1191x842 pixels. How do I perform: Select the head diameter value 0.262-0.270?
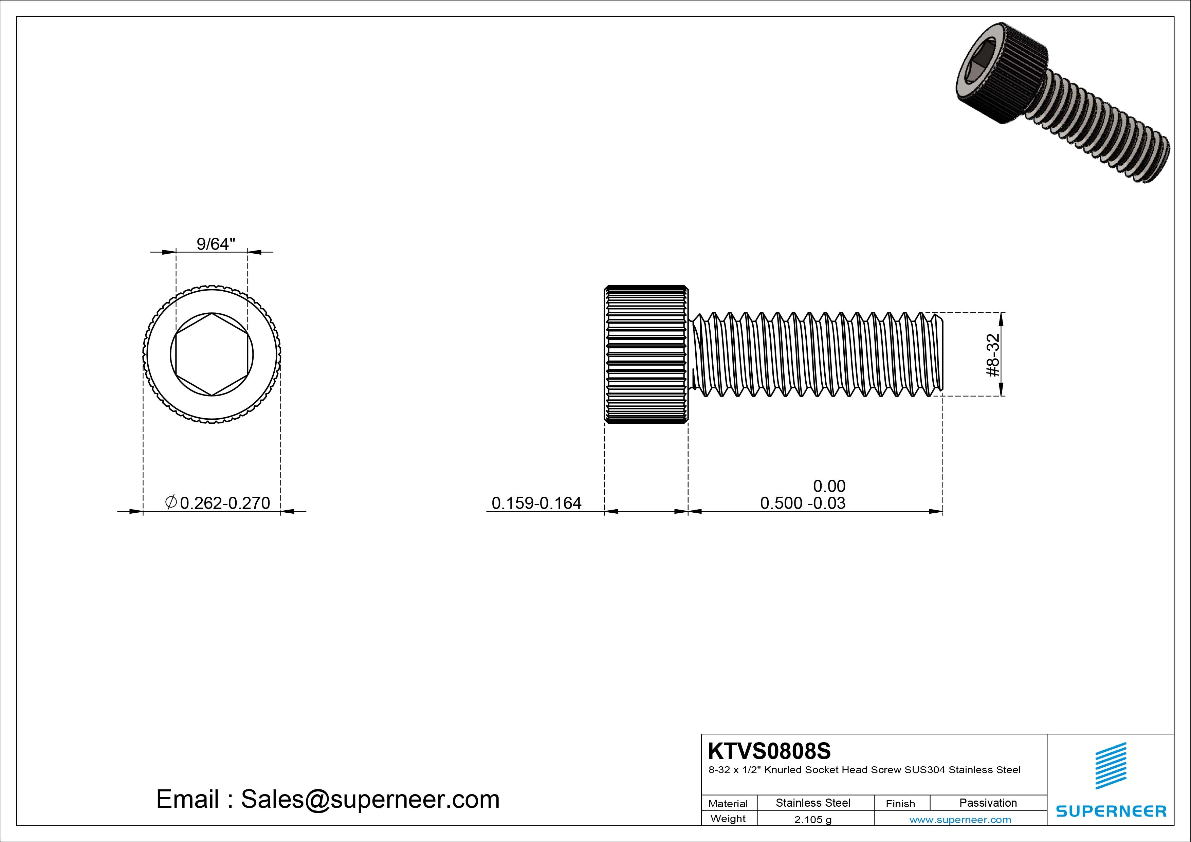click(x=225, y=503)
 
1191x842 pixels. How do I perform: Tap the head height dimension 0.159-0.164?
click(x=536, y=503)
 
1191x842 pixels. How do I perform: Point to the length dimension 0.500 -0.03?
click(x=803, y=503)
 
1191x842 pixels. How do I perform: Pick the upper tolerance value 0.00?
click(x=829, y=486)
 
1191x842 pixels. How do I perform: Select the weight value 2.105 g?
click(x=813, y=820)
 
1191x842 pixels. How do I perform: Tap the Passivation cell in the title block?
click(x=988, y=803)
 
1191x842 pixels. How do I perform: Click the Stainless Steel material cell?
click(x=813, y=803)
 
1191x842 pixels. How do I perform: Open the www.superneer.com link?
click(x=960, y=820)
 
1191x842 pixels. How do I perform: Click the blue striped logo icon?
click(x=1111, y=766)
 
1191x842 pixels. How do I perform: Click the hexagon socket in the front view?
click(x=212, y=355)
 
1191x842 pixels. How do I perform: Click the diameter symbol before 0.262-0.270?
click(x=171, y=502)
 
